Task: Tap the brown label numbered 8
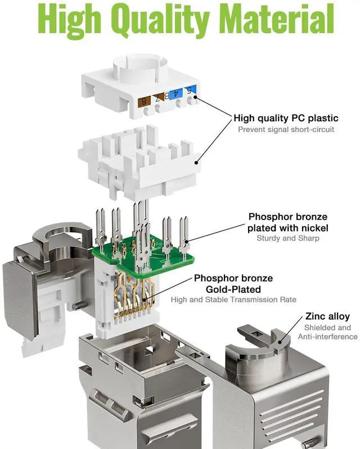(144, 101)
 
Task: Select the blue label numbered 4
(176, 94)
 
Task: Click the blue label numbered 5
(190, 90)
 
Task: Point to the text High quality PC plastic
(286, 118)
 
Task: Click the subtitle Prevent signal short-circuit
(286, 129)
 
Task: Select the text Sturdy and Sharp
(288, 238)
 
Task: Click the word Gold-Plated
(233, 289)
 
